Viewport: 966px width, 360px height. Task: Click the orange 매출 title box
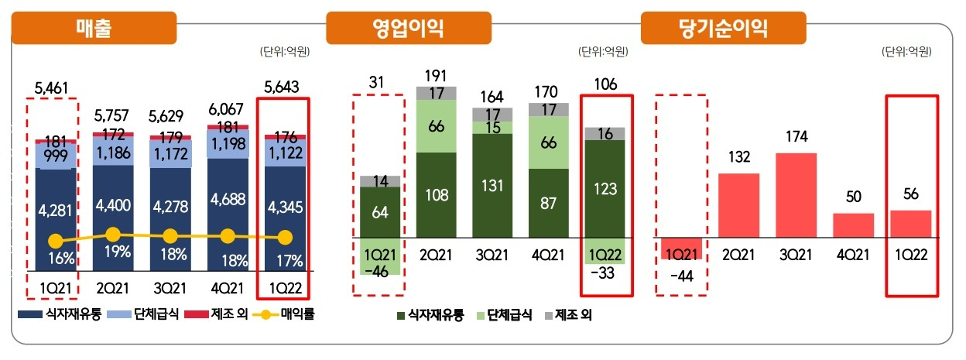coord(95,29)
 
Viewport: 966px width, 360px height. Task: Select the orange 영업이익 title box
coord(408,29)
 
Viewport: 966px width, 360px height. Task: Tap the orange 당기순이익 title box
coord(723,29)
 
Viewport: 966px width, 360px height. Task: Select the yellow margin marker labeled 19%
coord(113,234)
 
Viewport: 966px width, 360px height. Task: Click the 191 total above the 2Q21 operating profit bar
coord(436,75)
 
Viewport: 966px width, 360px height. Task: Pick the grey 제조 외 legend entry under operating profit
coord(568,315)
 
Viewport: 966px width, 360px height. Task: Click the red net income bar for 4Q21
coord(853,225)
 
